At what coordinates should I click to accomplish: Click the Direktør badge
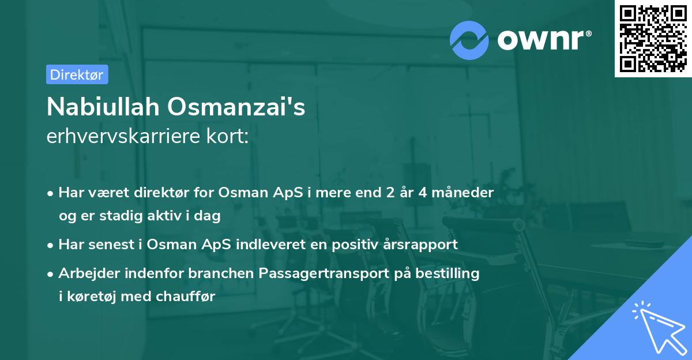(x=77, y=74)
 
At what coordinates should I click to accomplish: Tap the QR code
(x=653, y=38)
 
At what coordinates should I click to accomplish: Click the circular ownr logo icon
(x=469, y=40)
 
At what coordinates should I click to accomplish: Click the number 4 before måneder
(x=422, y=193)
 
